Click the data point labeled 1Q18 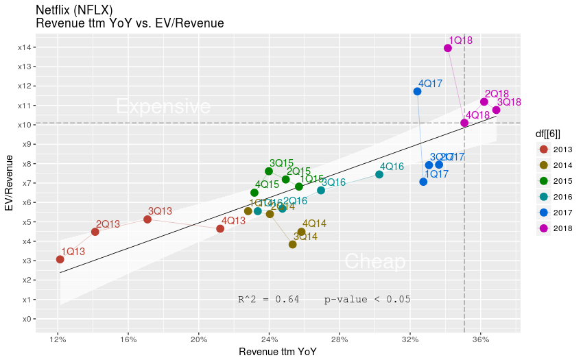pyautogui.click(x=448, y=48)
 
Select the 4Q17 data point pyautogui.click(x=417, y=91)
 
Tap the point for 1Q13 pyautogui.click(x=60, y=259)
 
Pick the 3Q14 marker pyautogui.click(x=293, y=244)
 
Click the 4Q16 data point pyautogui.click(x=379, y=175)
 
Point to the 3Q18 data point pyautogui.click(x=496, y=110)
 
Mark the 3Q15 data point pyautogui.click(x=269, y=171)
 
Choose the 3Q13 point pyautogui.click(x=147, y=219)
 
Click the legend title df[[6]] pyautogui.click(x=551, y=134)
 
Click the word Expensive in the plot pyautogui.click(x=163, y=107)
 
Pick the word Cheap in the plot pyautogui.click(x=374, y=261)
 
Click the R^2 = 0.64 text pyautogui.click(x=268, y=299)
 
